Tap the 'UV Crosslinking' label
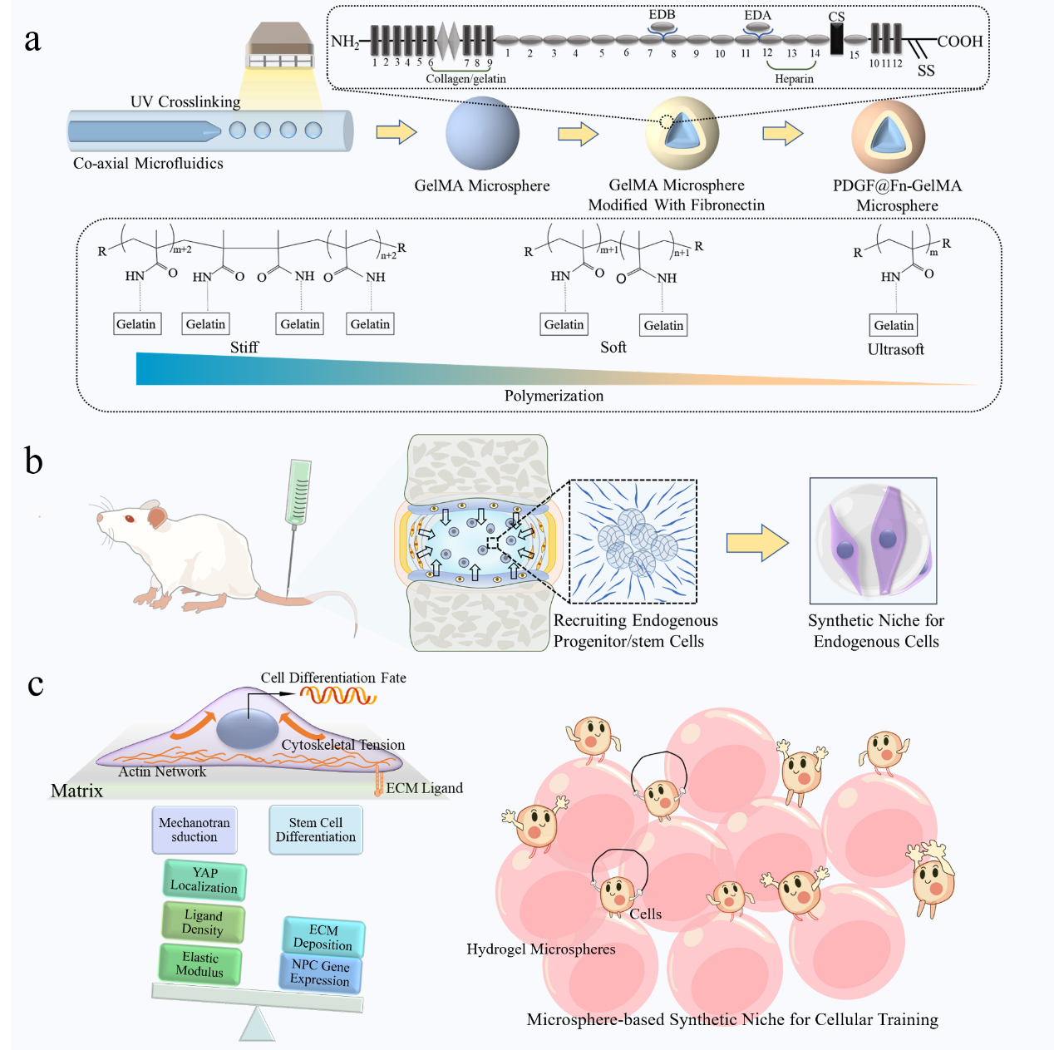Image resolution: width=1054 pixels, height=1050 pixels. coord(185,102)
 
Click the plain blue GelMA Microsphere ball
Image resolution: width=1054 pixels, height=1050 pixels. coord(482,133)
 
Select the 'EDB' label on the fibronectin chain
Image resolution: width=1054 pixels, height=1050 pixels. coord(662,14)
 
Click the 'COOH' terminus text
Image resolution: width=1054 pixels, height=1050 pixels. coord(960,42)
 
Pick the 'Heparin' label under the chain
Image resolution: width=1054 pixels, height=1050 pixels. coord(794,79)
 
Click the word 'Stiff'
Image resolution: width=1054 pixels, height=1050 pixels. coord(244,348)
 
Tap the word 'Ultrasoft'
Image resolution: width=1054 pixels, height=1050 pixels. coord(895,350)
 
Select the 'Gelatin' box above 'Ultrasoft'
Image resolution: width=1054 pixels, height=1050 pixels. coord(894,325)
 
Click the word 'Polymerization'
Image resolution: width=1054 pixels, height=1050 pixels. coord(554,396)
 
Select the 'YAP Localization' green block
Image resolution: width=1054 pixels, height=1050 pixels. coord(204,880)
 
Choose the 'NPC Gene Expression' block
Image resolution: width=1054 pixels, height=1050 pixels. coord(321,973)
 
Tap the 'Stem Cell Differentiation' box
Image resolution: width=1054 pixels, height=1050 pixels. coord(316,830)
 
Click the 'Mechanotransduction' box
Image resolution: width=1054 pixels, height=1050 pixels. coord(195,830)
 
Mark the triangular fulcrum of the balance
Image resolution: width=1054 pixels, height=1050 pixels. coord(257,1024)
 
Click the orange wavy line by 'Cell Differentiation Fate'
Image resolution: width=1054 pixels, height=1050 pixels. coord(337,694)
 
